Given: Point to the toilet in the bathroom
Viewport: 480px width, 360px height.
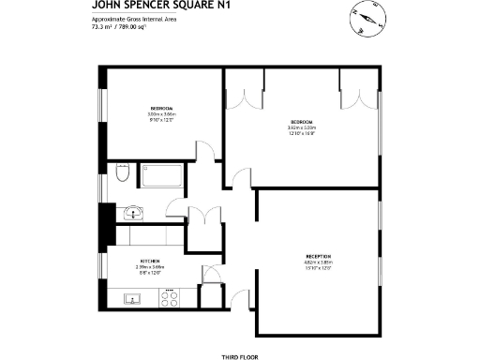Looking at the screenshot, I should click(x=122, y=174).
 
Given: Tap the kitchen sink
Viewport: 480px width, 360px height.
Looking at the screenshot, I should click(x=133, y=300).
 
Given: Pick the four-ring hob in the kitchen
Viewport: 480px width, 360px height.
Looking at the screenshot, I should click(x=171, y=300).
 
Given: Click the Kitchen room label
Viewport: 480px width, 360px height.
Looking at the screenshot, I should click(x=149, y=261).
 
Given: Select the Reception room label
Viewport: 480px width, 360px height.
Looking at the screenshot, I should click(x=319, y=256).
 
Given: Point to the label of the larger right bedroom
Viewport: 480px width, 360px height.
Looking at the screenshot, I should click(x=301, y=123).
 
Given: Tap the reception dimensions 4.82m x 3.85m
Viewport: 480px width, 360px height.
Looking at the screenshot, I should click(x=319, y=262).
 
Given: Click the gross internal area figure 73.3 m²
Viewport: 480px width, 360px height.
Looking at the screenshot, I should click(x=101, y=28).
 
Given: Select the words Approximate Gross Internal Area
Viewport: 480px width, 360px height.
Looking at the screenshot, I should click(x=126, y=21).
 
